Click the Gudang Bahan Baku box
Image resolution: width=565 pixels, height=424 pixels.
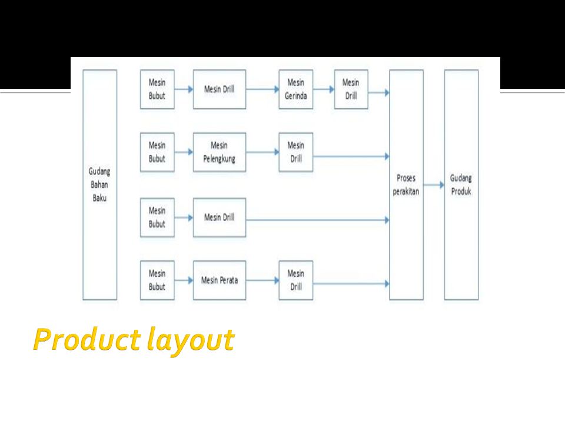point(99,184)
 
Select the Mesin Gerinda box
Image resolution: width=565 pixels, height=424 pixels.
point(296,90)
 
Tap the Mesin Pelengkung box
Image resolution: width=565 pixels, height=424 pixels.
point(220,152)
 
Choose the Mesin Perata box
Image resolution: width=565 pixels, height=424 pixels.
point(220,280)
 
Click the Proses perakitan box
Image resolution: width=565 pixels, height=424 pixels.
point(406,184)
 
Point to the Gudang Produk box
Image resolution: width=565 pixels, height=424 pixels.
point(461,184)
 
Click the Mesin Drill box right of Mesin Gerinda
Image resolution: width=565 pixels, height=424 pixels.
point(351,90)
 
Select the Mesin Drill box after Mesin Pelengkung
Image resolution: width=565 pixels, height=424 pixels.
point(296,152)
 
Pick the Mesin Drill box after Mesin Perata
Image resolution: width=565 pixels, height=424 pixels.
point(296,280)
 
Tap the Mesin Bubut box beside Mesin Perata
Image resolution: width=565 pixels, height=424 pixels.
point(157,280)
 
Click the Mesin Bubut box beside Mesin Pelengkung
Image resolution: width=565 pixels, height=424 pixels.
point(157,152)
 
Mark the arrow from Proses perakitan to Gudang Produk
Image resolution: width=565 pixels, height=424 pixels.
point(434,185)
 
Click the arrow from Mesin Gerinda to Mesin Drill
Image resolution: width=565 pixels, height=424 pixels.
point(324,90)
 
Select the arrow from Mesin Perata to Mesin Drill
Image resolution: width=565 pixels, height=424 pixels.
point(262,280)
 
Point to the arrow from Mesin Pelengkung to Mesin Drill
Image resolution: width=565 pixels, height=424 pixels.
point(262,152)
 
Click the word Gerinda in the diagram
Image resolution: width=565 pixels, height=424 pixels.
point(296,96)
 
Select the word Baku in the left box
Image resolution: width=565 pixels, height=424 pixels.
point(99,197)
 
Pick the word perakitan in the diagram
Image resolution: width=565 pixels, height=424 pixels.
point(406,191)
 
